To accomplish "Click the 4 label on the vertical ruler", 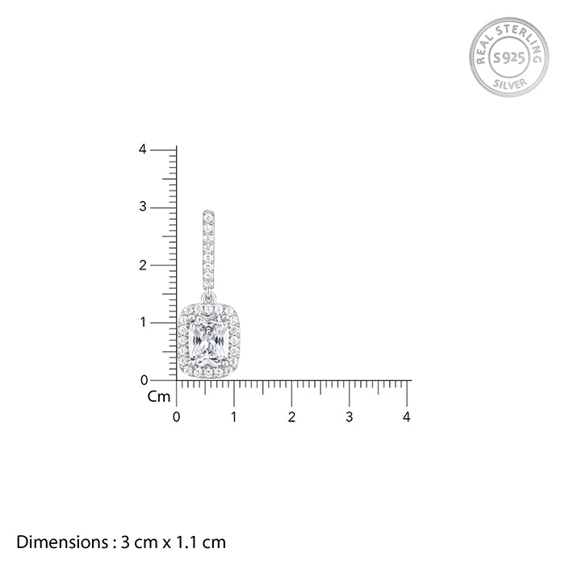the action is (142, 149).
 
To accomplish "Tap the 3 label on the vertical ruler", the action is (143, 207).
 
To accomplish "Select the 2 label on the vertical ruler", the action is (143, 266).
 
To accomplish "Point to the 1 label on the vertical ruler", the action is (143, 322).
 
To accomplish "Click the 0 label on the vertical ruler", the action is (144, 380).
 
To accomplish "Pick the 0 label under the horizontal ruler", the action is (176, 417).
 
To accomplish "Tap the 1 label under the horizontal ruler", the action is (234, 417).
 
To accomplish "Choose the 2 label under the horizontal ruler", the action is (291, 417).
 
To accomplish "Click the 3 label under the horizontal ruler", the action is (349, 417).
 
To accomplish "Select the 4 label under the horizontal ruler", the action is (407, 417).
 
